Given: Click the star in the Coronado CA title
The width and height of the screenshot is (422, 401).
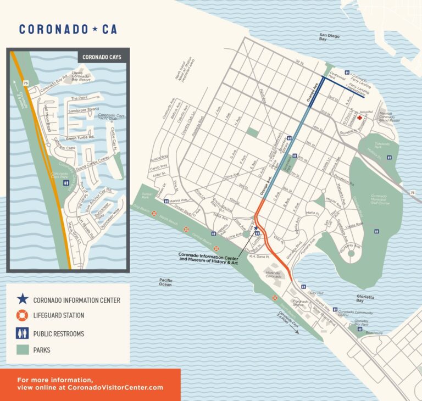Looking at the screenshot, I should pyautogui.click(x=95, y=30).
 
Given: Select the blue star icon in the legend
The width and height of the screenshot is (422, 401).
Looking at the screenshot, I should pyautogui.click(x=22, y=299).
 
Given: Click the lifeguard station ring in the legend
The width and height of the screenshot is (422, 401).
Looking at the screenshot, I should pyautogui.click(x=22, y=316).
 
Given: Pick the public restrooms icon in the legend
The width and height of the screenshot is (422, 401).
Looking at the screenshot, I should pyautogui.click(x=22, y=333).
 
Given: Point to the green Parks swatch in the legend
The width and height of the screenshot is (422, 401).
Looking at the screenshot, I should pyautogui.click(x=22, y=349).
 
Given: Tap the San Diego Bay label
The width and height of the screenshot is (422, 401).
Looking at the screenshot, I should pyautogui.click(x=331, y=37).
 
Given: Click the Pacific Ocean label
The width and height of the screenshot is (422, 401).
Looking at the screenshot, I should pyautogui.click(x=165, y=282).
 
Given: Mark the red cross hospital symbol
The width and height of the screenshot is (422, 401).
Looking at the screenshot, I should pyautogui.click(x=360, y=118).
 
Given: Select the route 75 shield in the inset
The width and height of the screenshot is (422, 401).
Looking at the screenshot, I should pyautogui.click(x=25, y=83).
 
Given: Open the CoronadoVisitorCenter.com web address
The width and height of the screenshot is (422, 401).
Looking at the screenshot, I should pyautogui.click(x=90, y=387).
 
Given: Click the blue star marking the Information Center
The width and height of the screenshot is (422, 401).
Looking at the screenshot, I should pyautogui.click(x=256, y=228).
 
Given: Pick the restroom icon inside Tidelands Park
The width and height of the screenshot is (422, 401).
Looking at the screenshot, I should pyautogui.click(x=390, y=157).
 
